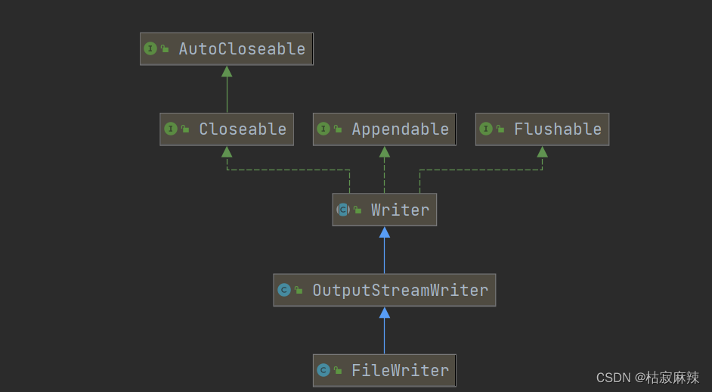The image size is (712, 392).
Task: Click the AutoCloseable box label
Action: [x=242, y=49]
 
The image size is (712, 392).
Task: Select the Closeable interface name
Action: [x=243, y=129]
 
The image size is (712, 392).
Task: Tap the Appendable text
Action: [x=400, y=129]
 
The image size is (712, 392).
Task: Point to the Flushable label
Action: [x=558, y=129]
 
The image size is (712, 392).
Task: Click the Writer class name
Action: [x=400, y=210]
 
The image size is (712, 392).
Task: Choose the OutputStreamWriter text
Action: [x=400, y=290]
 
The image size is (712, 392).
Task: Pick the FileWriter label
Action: [x=400, y=370]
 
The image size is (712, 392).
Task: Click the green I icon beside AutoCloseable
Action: [x=150, y=48]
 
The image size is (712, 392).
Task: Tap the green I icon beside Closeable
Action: [x=171, y=129]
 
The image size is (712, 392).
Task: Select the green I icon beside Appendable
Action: [x=323, y=129]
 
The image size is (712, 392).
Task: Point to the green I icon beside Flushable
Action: [x=486, y=129]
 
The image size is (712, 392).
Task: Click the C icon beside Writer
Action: [x=343, y=210]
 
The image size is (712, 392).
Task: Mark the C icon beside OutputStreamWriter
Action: [x=284, y=290]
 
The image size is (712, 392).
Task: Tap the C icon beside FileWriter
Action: [x=323, y=370]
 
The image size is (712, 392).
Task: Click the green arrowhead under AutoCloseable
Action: [x=227, y=71]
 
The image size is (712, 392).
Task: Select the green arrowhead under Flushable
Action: [x=542, y=151]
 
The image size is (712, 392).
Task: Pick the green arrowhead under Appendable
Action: [x=384, y=151]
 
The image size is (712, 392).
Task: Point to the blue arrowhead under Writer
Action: [x=384, y=232]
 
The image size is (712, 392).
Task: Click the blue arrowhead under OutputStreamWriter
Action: [x=384, y=313]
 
